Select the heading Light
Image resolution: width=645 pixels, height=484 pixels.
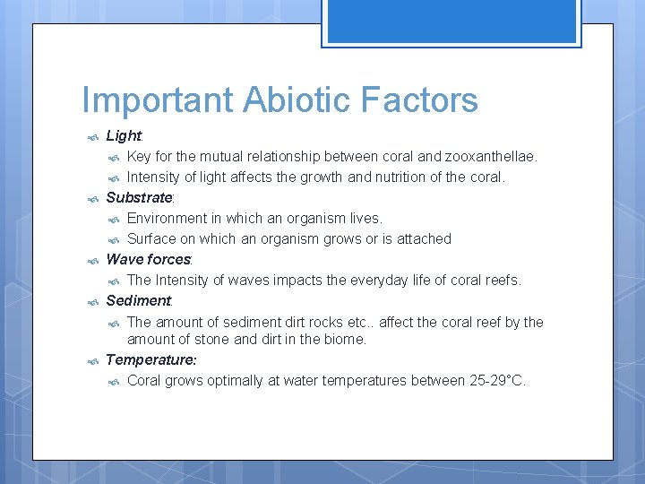click(124, 136)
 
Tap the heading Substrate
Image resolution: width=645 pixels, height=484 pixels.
click(139, 197)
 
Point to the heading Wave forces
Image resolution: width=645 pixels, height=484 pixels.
click(148, 259)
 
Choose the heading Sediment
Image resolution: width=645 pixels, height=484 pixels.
click(138, 300)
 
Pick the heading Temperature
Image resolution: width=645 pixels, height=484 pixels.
click(150, 359)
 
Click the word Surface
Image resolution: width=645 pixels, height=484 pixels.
click(152, 238)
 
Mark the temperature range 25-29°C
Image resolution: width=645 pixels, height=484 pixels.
click(496, 381)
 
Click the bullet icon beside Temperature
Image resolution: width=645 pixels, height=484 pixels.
click(92, 361)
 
